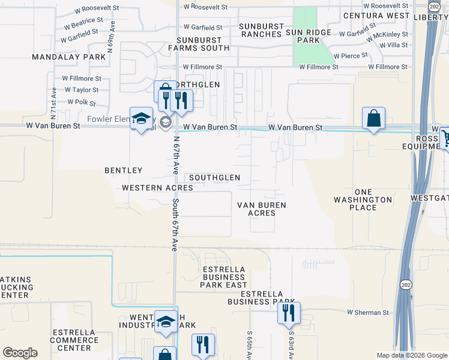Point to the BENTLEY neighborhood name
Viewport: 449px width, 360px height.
(124, 170)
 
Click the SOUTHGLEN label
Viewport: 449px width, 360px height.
(214, 178)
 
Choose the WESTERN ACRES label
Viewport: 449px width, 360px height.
(157, 188)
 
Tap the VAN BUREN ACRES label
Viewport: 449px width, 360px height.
(262, 209)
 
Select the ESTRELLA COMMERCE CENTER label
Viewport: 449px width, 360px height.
(74, 340)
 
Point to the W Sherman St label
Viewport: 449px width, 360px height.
(368, 313)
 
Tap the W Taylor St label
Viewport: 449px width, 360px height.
(81, 90)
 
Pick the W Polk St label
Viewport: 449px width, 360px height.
(77, 102)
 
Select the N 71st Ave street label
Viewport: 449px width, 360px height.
(54, 98)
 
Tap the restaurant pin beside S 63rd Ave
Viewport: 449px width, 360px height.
(289, 313)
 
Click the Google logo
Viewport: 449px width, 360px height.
(20, 352)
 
